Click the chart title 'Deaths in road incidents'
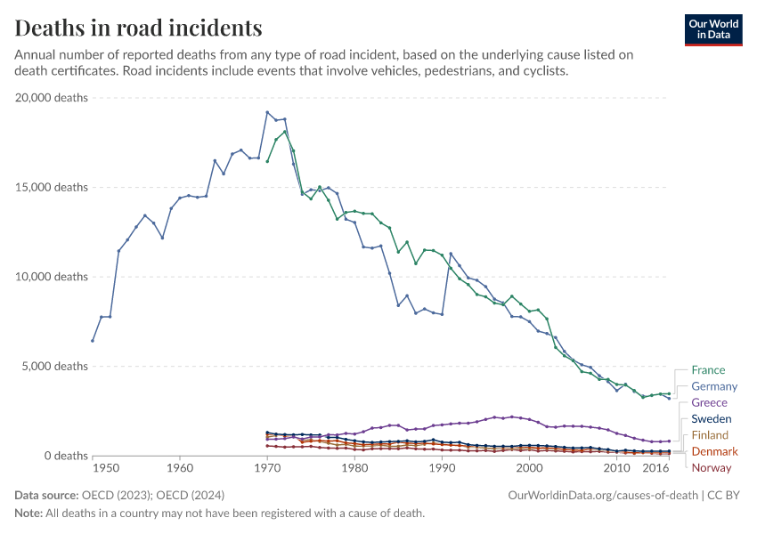click(x=138, y=28)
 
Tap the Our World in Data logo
click(x=712, y=29)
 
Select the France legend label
click(x=708, y=370)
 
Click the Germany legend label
click(x=714, y=386)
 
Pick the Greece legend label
click(x=709, y=403)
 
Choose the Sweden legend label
click(x=712, y=419)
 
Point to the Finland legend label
click(x=711, y=435)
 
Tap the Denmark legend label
click(x=714, y=452)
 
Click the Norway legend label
click(x=711, y=468)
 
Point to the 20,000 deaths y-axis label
click(x=52, y=98)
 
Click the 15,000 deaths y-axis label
click(x=52, y=188)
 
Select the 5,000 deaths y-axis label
click(x=54, y=367)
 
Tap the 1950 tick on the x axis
click(x=105, y=468)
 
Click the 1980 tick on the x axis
click(x=354, y=468)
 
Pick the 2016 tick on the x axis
click(x=656, y=468)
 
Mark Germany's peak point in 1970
click(x=267, y=112)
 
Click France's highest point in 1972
click(x=285, y=132)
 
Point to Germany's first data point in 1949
click(x=93, y=341)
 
